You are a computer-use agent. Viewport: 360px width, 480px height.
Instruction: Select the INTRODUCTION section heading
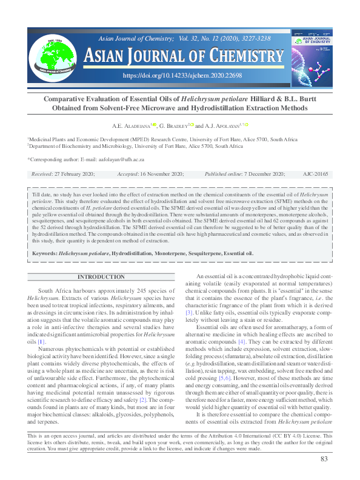101,278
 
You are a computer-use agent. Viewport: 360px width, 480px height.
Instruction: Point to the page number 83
324,460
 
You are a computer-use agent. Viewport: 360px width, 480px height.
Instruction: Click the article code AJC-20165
315,174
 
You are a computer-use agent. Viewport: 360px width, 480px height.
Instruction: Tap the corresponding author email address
124,159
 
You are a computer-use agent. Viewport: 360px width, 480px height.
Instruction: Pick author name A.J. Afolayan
222,125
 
